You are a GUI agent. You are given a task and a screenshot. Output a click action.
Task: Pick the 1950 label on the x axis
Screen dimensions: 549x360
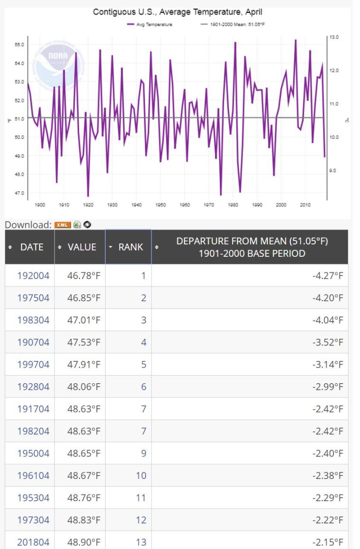click(161, 205)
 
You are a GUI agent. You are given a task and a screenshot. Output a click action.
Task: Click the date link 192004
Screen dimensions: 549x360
click(33, 275)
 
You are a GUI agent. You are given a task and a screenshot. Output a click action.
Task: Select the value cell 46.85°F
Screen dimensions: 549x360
click(84, 297)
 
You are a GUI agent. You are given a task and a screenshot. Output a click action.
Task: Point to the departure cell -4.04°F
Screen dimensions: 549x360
click(328, 320)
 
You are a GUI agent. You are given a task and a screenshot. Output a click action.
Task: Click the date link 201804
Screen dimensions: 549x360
click(33, 542)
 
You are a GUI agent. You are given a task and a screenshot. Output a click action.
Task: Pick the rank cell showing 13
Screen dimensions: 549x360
click(141, 542)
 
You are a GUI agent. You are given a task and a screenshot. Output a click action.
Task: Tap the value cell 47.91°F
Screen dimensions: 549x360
click(84, 364)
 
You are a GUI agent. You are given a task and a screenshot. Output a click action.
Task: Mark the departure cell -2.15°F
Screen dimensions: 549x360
click(328, 542)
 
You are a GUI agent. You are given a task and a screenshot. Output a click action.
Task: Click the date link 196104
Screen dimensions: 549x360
click(33, 475)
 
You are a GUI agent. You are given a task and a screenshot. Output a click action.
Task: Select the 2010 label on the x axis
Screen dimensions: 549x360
click(306, 205)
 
